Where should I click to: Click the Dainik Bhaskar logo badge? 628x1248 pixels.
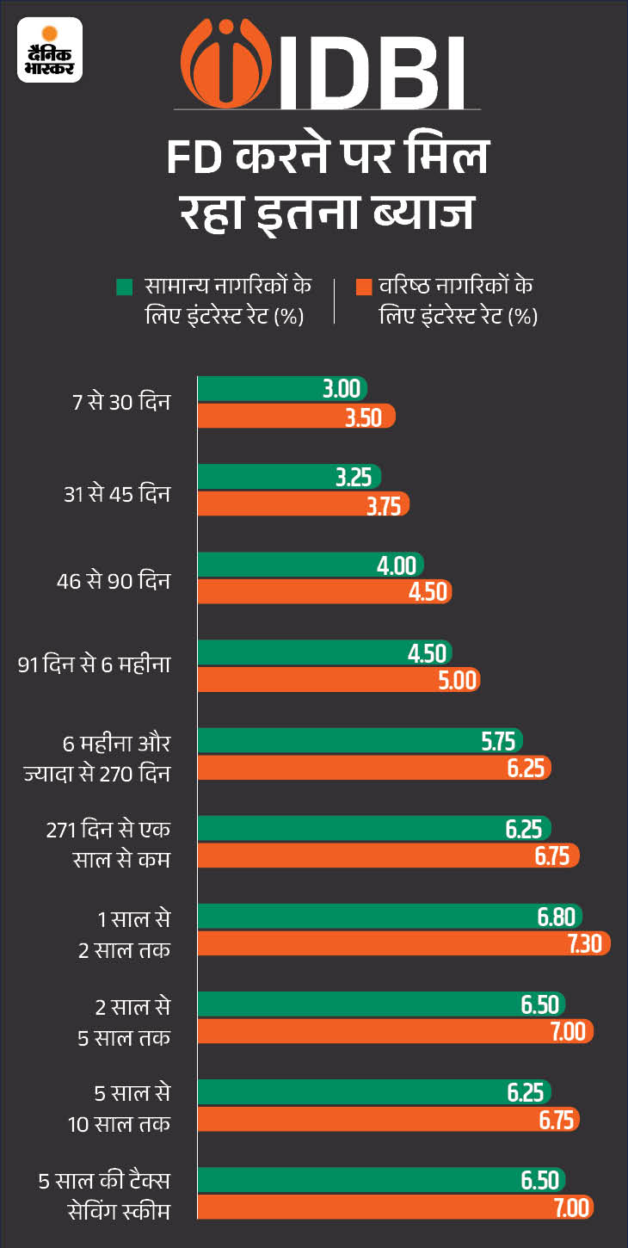[50, 50]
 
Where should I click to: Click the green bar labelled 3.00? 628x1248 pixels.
[282, 388]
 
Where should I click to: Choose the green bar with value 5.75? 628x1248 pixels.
[360, 741]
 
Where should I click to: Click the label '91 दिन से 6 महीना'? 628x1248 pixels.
[95, 667]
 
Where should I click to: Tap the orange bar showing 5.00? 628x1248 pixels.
[338, 681]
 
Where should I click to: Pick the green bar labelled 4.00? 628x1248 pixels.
[310, 565]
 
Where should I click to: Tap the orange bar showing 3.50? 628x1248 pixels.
[296, 417]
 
